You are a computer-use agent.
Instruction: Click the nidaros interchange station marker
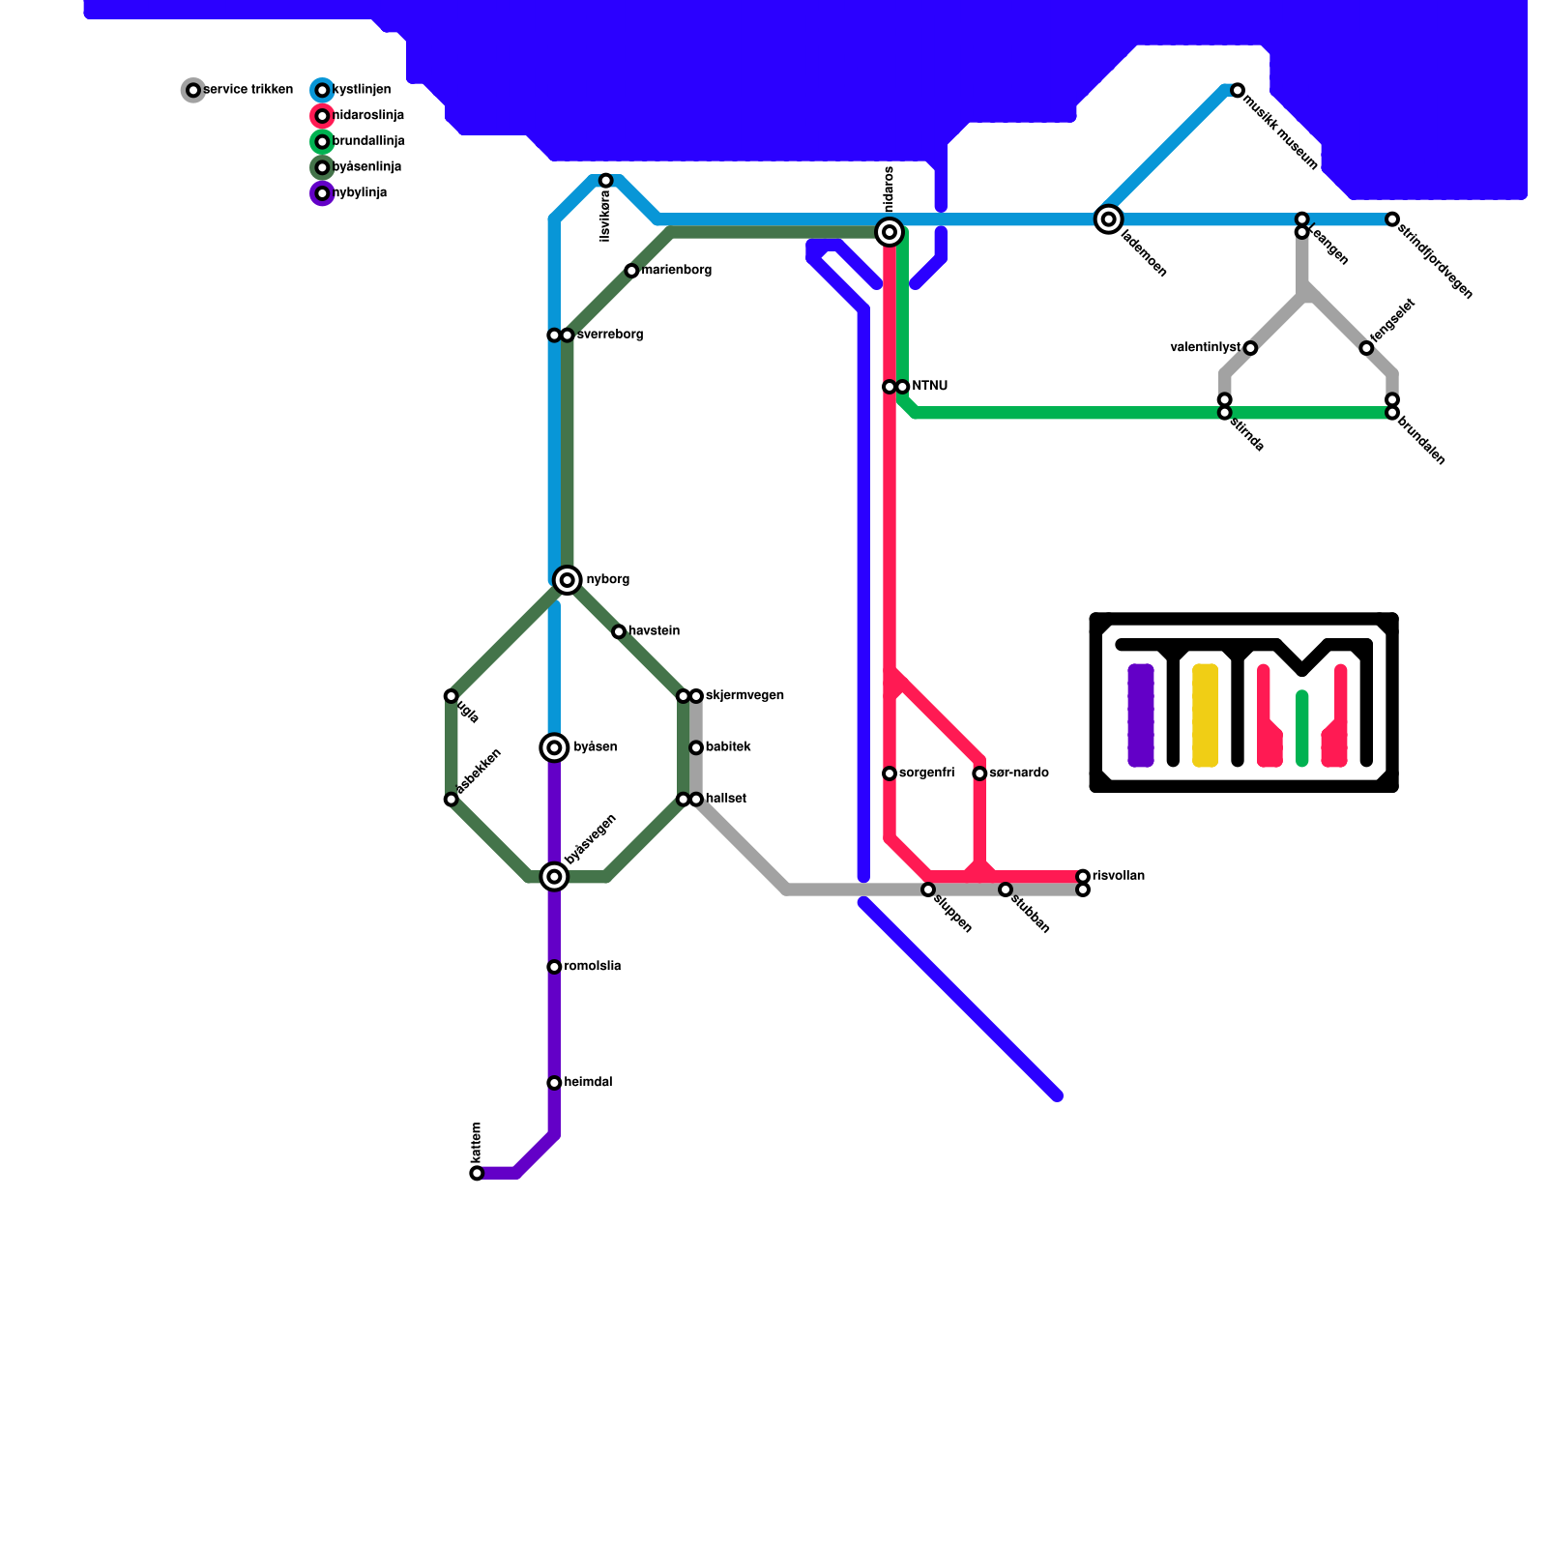point(890,232)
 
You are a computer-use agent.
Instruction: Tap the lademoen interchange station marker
point(1109,219)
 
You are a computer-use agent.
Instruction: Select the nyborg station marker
point(568,580)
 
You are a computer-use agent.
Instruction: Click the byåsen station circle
point(554,747)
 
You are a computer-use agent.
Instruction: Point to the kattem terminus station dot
point(477,1173)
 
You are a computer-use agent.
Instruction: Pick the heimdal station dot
point(554,1083)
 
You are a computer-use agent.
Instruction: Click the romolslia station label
point(593,967)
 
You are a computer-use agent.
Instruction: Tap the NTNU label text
point(929,387)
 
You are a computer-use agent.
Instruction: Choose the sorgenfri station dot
point(890,773)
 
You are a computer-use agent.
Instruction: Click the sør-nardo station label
point(1019,773)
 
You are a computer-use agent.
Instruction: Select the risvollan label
point(1119,876)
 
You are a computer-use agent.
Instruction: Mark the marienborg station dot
point(631,271)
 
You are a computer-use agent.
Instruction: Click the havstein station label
point(655,631)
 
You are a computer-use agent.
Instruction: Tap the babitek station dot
point(696,747)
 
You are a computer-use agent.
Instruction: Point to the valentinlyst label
point(1205,348)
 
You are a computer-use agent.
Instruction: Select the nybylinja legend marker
point(322,193)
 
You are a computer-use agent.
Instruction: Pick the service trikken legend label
point(248,90)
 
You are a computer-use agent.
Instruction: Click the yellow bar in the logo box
point(1205,715)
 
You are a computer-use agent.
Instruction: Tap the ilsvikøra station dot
point(605,181)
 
